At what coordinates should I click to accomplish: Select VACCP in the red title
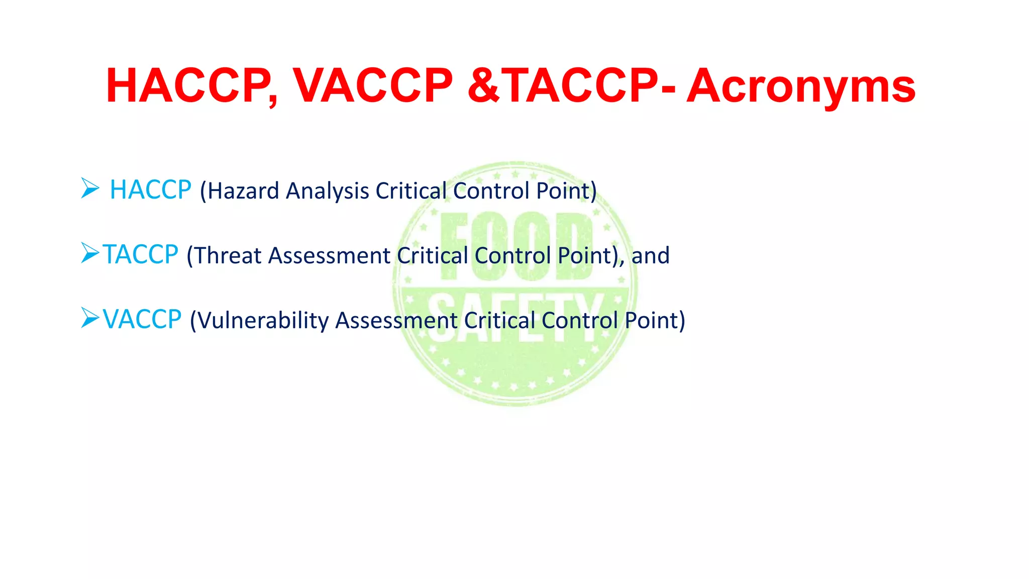372,86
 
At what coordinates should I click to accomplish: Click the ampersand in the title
483,86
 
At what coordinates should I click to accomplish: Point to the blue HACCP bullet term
150,190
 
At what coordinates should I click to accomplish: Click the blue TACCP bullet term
140,254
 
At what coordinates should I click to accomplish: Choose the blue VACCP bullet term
142,319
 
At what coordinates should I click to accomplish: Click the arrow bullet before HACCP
90,188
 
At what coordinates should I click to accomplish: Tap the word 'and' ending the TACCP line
650,255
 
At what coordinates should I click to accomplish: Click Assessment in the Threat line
329,255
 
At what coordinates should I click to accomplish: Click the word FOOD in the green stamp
517,246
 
